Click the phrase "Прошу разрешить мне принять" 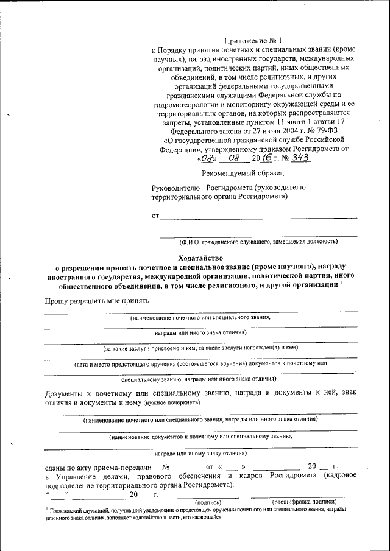coord(97,301)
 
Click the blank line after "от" coord(258,217)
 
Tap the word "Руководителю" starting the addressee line coord(176,188)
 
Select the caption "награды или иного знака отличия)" coord(200,333)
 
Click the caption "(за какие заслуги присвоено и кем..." coord(200,348)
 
